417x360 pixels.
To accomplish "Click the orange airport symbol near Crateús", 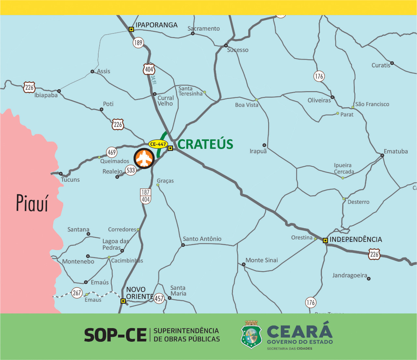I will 144,159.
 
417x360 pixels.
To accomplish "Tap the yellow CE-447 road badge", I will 158,144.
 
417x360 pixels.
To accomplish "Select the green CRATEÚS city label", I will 205,144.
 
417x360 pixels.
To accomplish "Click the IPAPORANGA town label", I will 156,25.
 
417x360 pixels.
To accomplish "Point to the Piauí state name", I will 32,203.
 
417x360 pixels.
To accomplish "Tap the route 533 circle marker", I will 131,170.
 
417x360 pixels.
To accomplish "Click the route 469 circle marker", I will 112,152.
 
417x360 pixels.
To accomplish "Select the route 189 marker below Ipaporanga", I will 138,43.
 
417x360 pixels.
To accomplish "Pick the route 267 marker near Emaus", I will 77,293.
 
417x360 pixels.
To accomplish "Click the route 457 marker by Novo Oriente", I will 159,298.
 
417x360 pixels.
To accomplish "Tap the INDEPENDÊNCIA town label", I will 356,240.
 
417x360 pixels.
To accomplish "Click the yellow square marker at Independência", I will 325,241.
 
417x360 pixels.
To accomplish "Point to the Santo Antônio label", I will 202,239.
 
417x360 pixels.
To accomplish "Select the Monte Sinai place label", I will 262,260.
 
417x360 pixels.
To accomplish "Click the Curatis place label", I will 381,65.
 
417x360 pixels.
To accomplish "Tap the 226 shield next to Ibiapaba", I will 29,87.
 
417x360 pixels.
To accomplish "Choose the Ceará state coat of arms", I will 251,335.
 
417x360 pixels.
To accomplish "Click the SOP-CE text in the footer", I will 115,335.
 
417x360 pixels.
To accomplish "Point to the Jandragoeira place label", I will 350,275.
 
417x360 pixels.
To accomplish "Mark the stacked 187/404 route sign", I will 145,196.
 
